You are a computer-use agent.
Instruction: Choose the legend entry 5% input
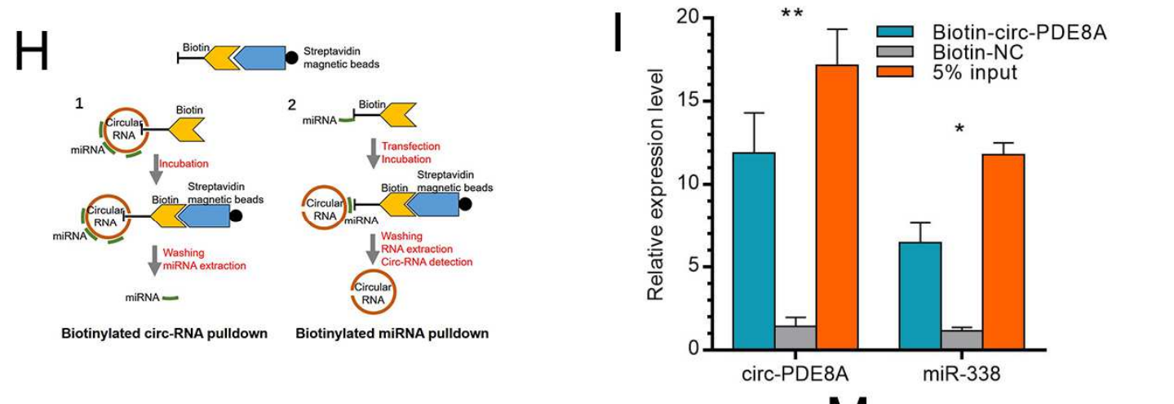click(x=974, y=72)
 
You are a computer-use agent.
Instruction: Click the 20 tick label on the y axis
click(x=690, y=18)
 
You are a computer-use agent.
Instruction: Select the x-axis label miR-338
click(x=962, y=374)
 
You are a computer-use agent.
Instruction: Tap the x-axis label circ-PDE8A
click(x=796, y=374)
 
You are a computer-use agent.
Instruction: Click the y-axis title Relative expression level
click(x=657, y=184)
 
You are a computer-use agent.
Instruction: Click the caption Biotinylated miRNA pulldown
click(x=392, y=333)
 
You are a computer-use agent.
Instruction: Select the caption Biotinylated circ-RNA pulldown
click(x=164, y=333)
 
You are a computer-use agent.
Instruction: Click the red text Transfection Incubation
click(x=410, y=153)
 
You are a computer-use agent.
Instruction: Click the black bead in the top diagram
click(x=291, y=57)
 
